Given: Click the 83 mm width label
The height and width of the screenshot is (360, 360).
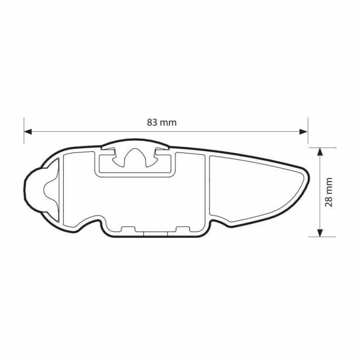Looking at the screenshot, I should coord(162,122).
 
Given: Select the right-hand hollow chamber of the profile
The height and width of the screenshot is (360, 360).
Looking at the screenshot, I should coord(249,188).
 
